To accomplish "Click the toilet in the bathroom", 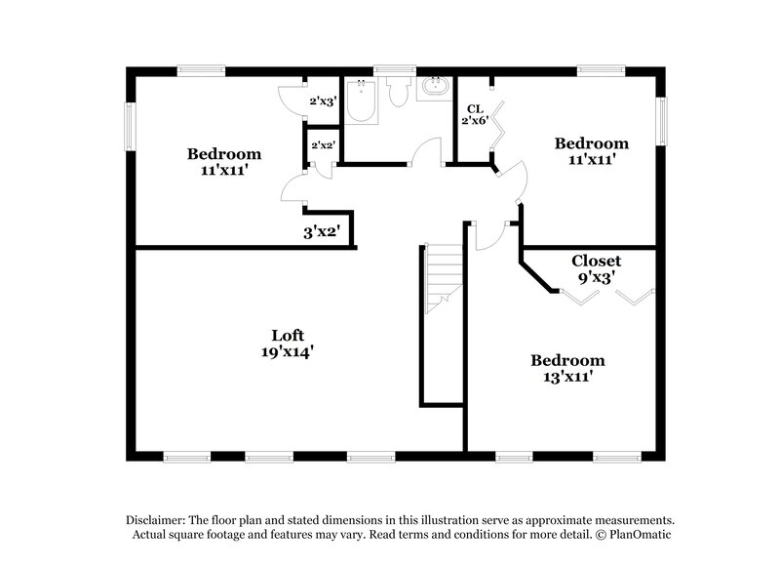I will point(397,92).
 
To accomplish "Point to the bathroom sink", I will point(431,89).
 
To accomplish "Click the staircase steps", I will point(443,279).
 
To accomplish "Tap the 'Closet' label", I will point(596,261).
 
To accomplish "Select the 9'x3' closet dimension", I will point(596,277).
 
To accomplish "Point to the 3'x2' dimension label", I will point(320,232).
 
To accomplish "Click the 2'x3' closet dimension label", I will point(322,101).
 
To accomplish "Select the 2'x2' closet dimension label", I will point(323,146).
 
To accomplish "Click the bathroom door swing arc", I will point(425,151).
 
